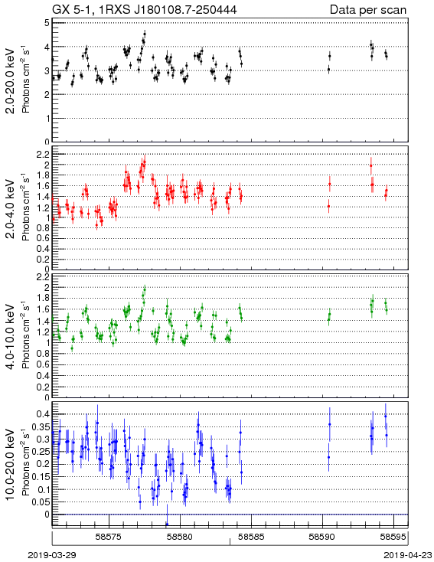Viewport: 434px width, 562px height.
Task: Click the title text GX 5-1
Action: [x=73, y=10]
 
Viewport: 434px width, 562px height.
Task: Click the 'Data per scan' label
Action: [x=368, y=10]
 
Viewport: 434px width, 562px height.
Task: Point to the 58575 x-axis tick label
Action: [x=109, y=537]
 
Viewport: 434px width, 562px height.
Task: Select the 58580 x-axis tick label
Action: [x=181, y=537]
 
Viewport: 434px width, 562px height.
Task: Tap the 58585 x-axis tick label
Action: [x=252, y=537]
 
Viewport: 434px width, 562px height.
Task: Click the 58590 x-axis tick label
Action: [x=322, y=537]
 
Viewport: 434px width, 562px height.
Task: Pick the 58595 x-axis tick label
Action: [x=393, y=537]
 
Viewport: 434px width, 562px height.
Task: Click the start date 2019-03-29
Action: [x=52, y=555]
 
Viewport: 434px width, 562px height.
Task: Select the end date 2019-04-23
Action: [x=408, y=555]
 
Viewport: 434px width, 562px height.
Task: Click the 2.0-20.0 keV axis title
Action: [x=11, y=81]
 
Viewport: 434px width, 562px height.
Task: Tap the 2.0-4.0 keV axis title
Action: [x=11, y=209]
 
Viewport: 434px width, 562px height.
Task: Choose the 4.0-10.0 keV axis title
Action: [x=11, y=337]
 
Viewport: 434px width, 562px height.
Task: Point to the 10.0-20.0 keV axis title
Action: [x=11, y=465]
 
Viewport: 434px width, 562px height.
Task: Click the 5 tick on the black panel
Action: [x=47, y=23]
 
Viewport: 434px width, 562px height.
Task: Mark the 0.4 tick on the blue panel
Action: [x=43, y=414]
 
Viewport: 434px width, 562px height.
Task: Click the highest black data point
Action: [x=145, y=34]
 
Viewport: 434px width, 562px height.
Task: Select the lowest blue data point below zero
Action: [x=167, y=524]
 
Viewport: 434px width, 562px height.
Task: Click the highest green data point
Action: [x=145, y=289]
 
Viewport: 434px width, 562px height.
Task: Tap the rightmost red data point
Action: [x=387, y=191]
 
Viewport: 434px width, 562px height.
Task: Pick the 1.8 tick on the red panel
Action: [x=43, y=175]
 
